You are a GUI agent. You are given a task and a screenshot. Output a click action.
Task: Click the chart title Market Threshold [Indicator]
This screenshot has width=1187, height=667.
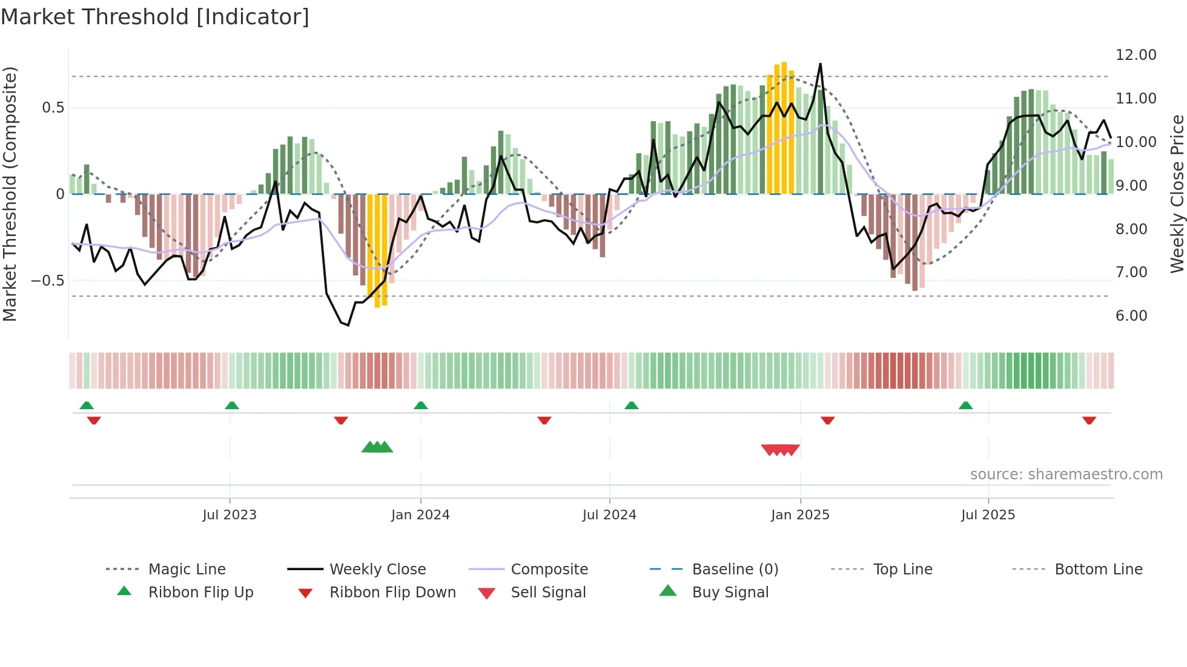[155, 17]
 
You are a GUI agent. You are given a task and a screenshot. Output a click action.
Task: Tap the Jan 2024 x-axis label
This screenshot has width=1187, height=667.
[420, 515]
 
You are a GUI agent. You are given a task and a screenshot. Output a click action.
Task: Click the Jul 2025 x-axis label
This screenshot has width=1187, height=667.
[988, 515]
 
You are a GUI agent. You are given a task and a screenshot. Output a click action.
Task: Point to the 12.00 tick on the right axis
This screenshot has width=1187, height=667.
[1136, 55]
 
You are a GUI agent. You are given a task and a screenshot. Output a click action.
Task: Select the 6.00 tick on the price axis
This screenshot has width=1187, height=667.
[1131, 316]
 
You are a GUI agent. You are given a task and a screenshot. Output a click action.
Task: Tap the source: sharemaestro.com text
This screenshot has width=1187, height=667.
[1066, 475]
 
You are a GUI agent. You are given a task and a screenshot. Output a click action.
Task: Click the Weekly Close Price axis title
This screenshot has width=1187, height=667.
[1177, 194]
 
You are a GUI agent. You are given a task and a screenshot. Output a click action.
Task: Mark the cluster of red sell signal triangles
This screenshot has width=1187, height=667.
[781, 450]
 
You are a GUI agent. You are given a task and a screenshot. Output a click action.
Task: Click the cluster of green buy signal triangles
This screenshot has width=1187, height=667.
[377, 447]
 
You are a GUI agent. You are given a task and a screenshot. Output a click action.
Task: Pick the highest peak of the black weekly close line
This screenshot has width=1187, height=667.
[821, 64]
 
